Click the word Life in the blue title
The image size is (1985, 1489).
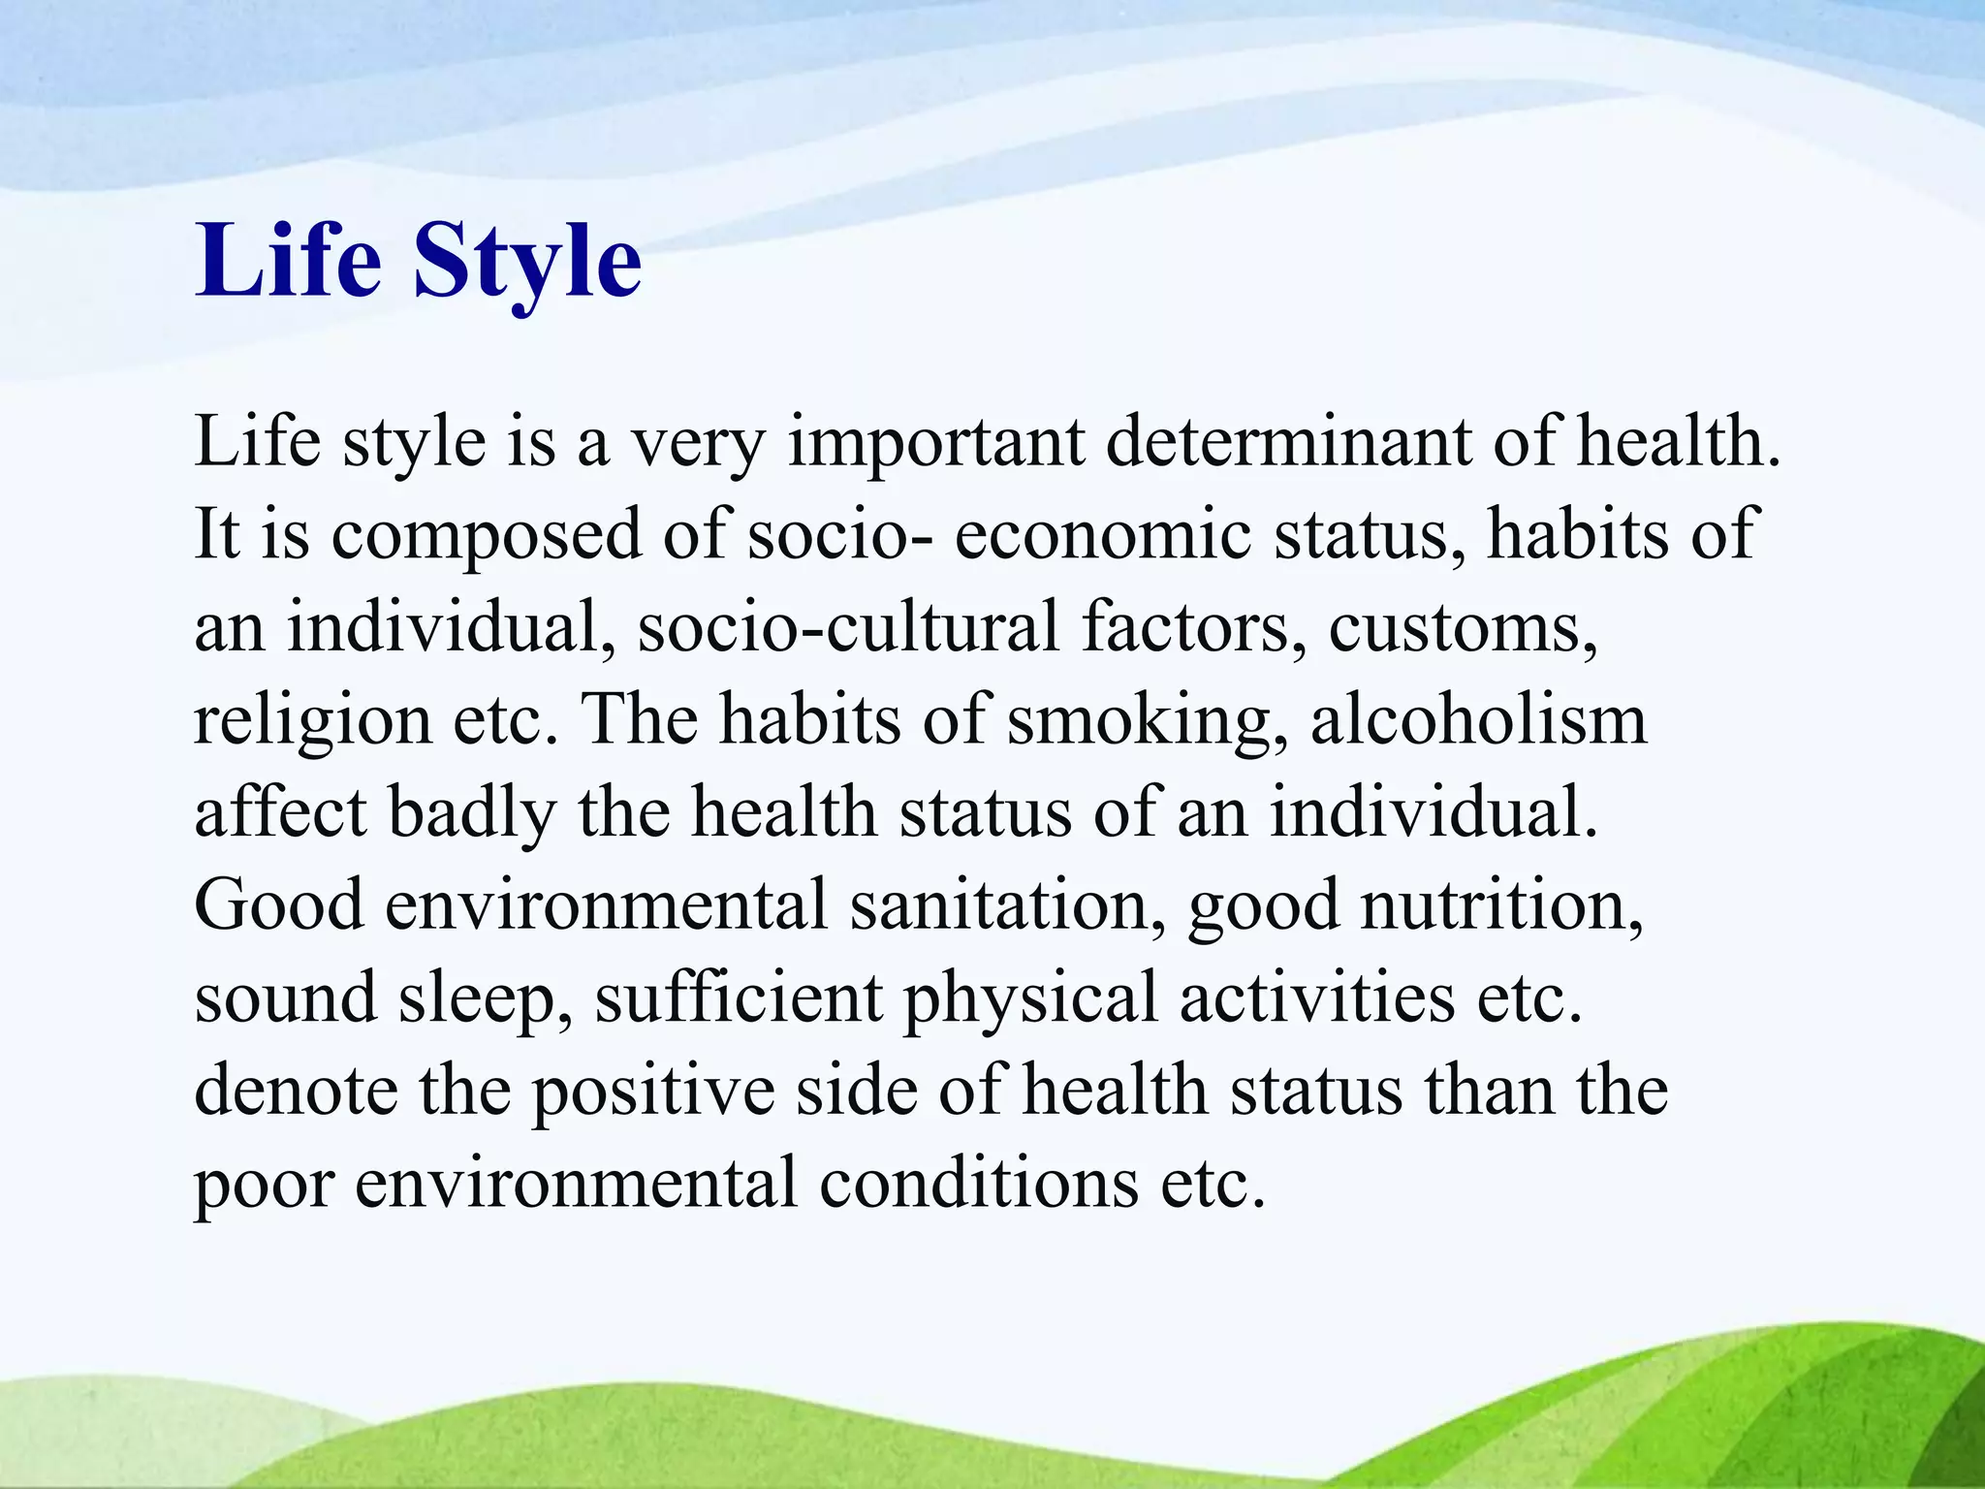click(x=288, y=260)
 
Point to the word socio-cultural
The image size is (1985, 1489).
click(x=849, y=627)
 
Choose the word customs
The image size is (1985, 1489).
click(x=1462, y=627)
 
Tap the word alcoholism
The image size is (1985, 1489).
click(x=1479, y=720)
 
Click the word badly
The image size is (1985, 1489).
click(x=473, y=813)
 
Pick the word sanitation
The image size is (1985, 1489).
click(x=1008, y=905)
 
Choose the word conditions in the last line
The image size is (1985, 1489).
click(x=979, y=1184)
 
